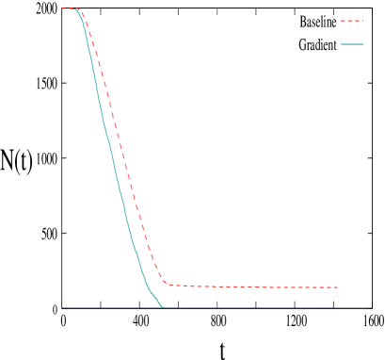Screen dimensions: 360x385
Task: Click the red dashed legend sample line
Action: (352, 20)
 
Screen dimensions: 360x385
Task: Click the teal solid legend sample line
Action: (352, 44)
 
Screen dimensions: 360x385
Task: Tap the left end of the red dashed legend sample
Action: (341, 20)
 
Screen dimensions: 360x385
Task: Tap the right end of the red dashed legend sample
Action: (363, 20)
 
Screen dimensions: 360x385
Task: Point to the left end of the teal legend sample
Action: (341, 44)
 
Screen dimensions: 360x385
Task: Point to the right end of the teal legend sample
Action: (363, 44)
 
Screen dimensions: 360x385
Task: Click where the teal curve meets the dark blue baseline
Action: (163, 307)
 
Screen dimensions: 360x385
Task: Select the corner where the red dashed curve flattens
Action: (167, 283)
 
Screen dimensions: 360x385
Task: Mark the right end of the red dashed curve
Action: (338, 286)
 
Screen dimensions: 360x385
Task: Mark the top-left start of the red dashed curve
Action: (62, 8)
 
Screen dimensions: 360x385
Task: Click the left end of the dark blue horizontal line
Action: (62, 307)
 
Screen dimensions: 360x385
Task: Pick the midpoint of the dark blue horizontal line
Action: (198, 307)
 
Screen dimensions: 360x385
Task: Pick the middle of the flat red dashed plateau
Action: (252, 286)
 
